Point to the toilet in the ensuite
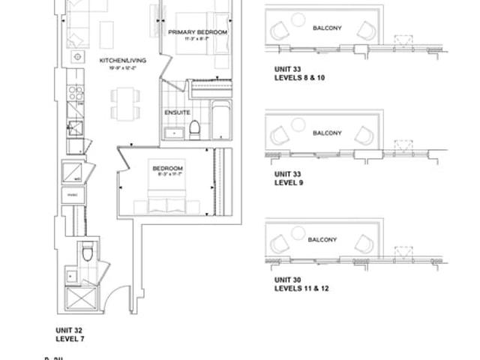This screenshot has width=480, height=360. click(193, 129)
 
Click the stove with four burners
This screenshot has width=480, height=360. click(76, 92)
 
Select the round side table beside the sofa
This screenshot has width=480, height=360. click(76, 57)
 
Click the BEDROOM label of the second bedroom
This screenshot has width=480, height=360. click(164, 168)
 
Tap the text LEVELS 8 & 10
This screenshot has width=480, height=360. click(300, 77)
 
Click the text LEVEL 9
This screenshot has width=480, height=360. click(289, 182)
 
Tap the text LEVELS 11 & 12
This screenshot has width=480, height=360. click(301, 288)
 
